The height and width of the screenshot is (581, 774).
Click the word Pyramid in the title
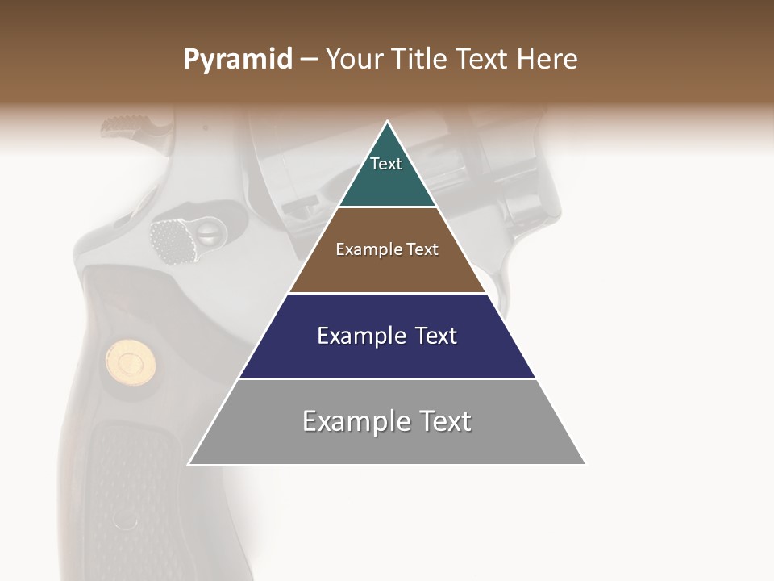point(238,60)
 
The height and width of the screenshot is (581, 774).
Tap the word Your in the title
point(353,60)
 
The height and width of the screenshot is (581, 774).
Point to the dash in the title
point(309,60)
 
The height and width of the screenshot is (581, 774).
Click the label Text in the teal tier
point(386,164)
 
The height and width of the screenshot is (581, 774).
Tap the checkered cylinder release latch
point(172,240)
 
